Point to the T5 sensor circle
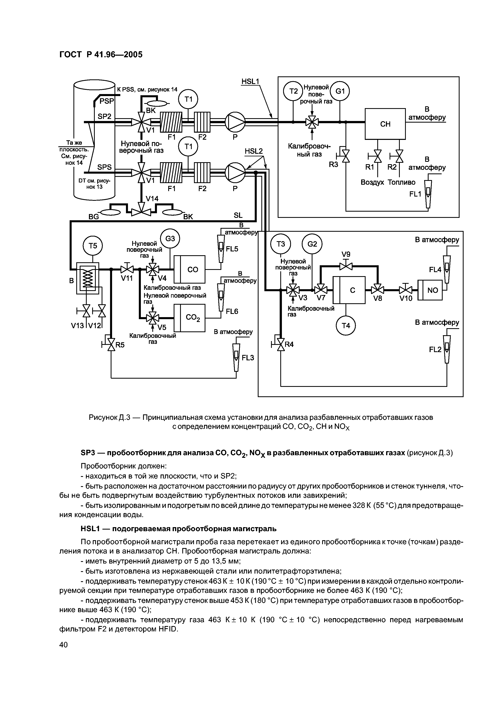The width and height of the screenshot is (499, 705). [93, 246]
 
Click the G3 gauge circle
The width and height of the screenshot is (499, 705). [170, 238]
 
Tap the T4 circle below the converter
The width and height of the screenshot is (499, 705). [346, 326]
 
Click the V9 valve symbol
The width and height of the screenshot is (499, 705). [346, 266]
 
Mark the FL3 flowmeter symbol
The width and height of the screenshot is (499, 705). [236, 356]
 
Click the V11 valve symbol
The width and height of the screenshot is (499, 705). [127, 269]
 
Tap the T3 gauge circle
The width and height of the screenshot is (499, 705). [280, 244]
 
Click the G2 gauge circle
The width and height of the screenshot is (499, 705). [312, 244]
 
